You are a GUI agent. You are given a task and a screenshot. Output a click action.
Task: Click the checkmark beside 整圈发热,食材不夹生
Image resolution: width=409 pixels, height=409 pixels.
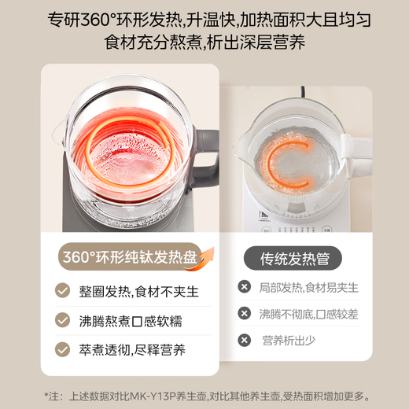pyautogui.click(x=62, y=291)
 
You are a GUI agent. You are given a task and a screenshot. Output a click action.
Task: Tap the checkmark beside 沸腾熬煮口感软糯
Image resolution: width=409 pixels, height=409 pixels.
pyautogui.click(x=62, y=319)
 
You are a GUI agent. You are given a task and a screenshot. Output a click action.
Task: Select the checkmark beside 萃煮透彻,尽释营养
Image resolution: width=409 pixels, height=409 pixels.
pyautogui.click(x=62, y=348)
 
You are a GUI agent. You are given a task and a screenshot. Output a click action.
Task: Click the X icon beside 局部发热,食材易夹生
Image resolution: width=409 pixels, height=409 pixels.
pyautogui.click(x=245, y=287)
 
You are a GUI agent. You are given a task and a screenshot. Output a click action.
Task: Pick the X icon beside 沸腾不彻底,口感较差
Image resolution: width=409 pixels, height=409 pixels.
pyautogui.click(x=245, y=314)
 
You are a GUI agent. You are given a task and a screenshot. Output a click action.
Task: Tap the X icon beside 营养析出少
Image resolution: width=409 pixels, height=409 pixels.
pyautogui.click(x=245, y=340)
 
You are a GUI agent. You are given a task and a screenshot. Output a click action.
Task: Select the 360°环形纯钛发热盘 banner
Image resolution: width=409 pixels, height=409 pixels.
pyautogui.click(x=130, y=257)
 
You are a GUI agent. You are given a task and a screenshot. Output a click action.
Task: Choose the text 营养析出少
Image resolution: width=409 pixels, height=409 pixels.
pyautogui.click(x=289, y=340)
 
